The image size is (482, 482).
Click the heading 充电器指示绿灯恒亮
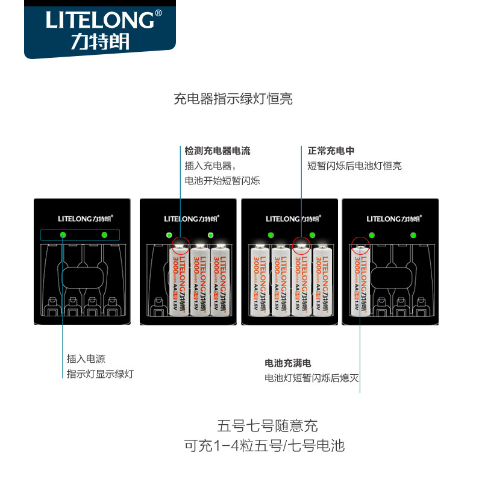point(233,99)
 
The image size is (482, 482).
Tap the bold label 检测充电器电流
point(218,151)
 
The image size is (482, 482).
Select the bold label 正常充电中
point(328,151)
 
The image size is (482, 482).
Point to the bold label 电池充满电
point(288,363)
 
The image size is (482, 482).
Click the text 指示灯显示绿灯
point(100,374)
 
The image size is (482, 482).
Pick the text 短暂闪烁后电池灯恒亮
point(354,166)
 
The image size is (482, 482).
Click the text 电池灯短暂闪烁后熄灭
point(311,378)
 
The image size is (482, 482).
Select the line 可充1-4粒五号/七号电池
point(264,446)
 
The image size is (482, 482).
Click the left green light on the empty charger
point(62,234)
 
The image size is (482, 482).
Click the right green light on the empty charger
point(104,234)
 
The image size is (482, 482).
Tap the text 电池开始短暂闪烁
point(222,181)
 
